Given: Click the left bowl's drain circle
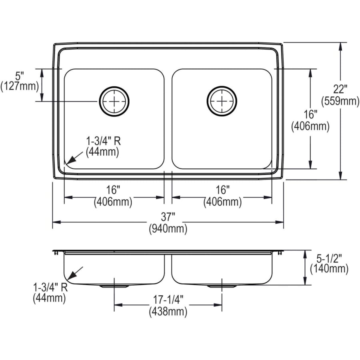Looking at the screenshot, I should (114, 101).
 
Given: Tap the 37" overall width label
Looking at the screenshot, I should (168, 217).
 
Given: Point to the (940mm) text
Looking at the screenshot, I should (168, 229).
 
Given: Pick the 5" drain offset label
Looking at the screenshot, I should (20, 75).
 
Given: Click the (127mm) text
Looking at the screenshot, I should (20, 86).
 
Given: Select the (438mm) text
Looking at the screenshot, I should (168, 311).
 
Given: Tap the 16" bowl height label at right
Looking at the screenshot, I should (310, 114).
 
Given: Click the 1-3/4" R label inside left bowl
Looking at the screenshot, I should (102, 141).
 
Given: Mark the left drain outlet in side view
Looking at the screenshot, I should (114, 286).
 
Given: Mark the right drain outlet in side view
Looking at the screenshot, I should (222, 286).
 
